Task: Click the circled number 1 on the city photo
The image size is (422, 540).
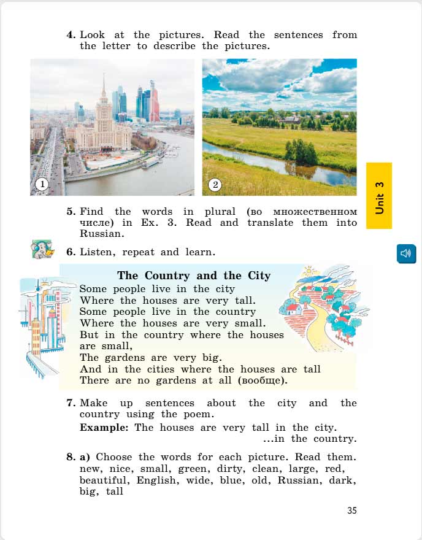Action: (41, 183)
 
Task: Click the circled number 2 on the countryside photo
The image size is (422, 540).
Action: (215, 183)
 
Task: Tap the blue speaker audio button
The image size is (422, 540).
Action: (406, 253)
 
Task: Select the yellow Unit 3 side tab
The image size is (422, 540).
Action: (379, 196)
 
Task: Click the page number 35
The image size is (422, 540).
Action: (351, 511)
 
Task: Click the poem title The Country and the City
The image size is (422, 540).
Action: (193, 276)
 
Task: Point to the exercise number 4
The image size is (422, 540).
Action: (71, 35)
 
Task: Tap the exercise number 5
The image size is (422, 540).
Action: (71, 212)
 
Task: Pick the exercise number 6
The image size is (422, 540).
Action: (71, 252)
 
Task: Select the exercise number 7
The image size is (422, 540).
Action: (71, 403)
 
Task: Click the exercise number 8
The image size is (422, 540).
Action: (71, 457)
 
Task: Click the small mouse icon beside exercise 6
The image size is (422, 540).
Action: (42, 249)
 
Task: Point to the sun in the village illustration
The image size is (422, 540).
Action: (308, 271)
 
